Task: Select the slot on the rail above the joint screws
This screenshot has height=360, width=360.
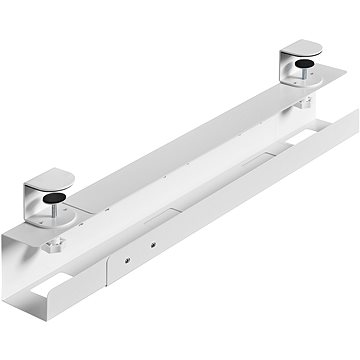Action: (x=140, y=213)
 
